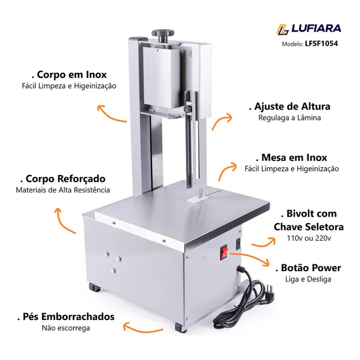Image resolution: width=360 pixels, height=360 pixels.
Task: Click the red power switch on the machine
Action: (x=224, y=252)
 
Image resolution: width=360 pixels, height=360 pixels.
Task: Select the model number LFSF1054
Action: (x=321, y=44)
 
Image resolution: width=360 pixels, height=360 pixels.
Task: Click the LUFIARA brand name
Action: (x=316, y=29)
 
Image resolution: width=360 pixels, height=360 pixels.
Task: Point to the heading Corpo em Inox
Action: (x=69, y=75)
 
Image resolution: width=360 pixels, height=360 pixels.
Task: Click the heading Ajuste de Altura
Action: (x=290, y=106)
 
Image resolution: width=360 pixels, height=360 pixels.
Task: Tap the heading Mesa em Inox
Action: (x=292, y=158)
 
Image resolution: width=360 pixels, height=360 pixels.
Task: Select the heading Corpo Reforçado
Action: (x=63, y=179)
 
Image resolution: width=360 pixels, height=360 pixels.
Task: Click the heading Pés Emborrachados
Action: (x=66, y=317)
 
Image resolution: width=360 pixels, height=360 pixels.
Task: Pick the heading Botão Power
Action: (x=308, y=268)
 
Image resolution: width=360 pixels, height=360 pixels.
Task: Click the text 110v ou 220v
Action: (x=309, y=238)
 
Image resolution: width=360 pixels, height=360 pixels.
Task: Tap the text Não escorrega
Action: (x=66, y=328)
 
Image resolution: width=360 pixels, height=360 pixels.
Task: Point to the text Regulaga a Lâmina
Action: (x=290, y=118)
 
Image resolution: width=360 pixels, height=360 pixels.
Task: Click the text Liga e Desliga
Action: (x=308, y=280)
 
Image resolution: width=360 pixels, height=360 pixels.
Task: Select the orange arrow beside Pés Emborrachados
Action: (x=143, y=329)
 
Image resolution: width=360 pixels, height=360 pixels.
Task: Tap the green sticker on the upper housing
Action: (x=190, y=53)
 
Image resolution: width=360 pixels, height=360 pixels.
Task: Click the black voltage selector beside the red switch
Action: (x=238, y=244)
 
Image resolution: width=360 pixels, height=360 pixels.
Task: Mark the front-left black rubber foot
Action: (x=95, y=287)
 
